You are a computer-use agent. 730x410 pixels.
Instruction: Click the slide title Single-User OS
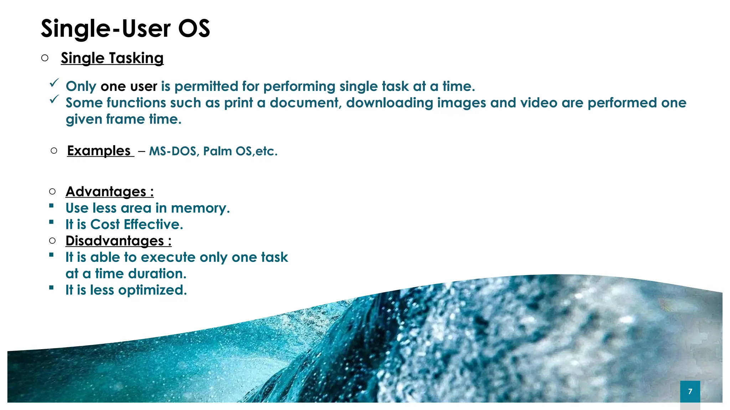(x=125, y=28)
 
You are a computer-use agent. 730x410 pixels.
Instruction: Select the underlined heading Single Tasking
(x=112, y=58)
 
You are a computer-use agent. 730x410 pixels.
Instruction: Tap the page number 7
(x=690, y=391)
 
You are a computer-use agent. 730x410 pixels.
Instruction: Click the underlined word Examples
(x=99, y=151)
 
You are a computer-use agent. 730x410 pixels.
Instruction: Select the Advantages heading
(x=109, y=192)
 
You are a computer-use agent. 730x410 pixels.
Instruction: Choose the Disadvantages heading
(x=118, y=241)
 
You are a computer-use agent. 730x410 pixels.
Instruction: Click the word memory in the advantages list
(x=200, y=208)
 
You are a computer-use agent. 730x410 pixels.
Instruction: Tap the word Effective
(x=153, y=225)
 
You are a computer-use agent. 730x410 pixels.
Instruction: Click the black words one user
(x=129, y=86)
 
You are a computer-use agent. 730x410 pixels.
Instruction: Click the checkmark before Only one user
(x=54, y=83)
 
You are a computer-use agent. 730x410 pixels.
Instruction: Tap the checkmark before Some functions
(x=54, y=99)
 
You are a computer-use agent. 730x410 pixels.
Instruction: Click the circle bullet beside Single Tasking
(x=45, y=58)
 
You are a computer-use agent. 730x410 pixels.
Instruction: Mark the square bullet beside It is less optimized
(x=52, y=288)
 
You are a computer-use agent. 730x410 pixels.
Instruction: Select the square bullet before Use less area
(x=52, y=206)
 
